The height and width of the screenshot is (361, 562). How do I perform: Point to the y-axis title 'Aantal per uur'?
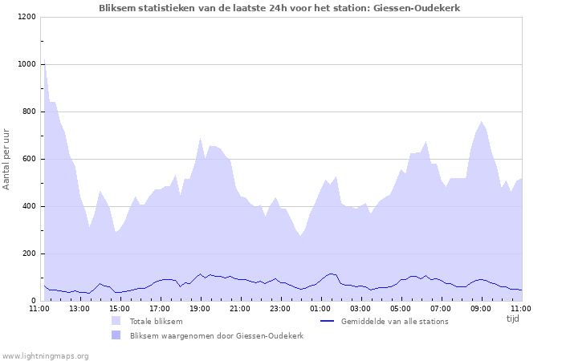pos(7,158)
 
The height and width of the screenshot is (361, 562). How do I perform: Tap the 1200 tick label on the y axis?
pos(26,17)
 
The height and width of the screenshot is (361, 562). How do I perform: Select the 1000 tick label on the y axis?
pos(26,64)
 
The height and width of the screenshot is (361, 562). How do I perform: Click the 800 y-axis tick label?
pos(29,112)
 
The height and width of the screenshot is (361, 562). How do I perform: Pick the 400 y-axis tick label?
pos(29,206)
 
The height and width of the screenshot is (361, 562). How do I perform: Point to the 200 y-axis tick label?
pos(29,254)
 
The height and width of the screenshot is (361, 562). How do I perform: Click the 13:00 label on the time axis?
pos(79,308)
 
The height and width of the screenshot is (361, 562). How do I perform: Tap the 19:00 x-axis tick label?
pos(200,308)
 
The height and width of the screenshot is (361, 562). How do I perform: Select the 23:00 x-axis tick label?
pos(280,308)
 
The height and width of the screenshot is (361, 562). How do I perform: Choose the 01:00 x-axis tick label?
pos(320,308)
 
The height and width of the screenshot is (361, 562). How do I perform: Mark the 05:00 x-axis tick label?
pos(401,308)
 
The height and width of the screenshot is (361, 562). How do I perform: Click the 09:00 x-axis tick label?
pos(481,308)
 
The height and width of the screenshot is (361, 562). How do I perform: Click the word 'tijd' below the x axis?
pos(513,318)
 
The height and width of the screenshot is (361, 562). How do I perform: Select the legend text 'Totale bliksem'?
pos(156,322)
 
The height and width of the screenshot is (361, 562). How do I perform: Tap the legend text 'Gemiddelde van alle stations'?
pos(394,322)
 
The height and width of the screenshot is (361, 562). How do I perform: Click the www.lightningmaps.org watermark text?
pos(45,355)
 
